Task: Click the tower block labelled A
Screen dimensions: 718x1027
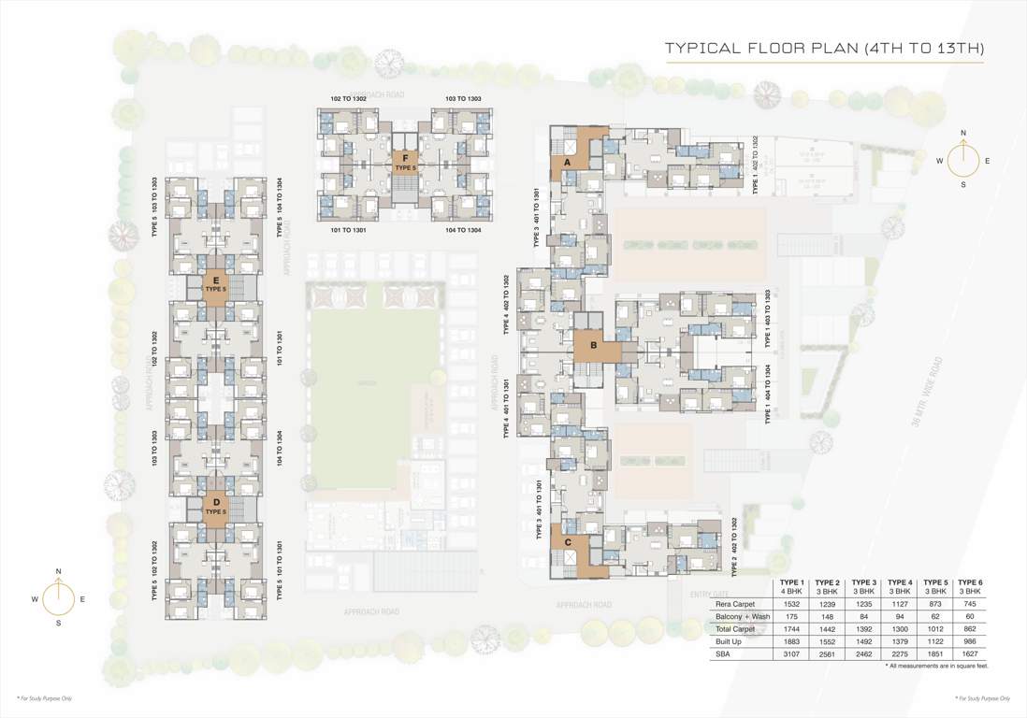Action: (568, 162)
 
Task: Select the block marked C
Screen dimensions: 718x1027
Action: (567, 541)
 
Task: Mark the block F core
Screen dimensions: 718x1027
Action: (404, 162)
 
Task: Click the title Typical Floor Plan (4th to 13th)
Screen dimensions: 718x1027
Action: (823, 48)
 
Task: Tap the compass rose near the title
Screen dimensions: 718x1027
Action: (963, 159)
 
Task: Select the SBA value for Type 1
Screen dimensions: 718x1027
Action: (791, 655)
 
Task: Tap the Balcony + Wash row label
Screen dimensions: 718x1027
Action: (739, 618)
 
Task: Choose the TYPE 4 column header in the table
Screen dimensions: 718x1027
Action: (899, 586)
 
